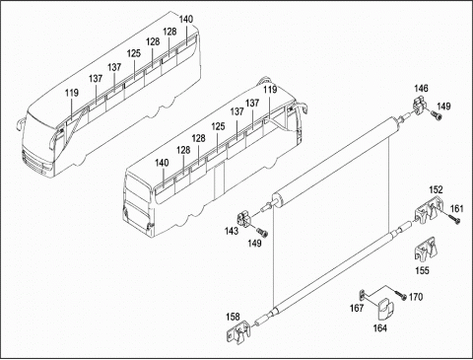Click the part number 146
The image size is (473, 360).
pyautogui.click(x=421, y=89)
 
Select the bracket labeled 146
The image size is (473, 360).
pyautogui.click(x=419, y=106)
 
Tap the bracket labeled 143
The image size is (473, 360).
pyautogui.click(x=244, y=219)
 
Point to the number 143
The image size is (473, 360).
pyautogui.click(x=232, y=231)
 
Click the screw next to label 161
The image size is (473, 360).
pyautogui.click(x=454, y=219)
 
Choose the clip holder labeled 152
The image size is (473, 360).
pyautogui.click(x=428, y=209)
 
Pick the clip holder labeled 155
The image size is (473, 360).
pyautogui.click(x=425, y=250)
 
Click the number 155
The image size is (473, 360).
pyautogui.click(x=422, y=270)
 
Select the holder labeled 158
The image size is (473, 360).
pyautogui.click(x=239, y=332)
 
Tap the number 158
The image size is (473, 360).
pyautogui.click(x=233, y=317)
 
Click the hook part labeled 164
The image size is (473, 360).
pyautogui.click(x=385, y=309)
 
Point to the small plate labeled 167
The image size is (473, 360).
pyautogui.click(x=362, y=295)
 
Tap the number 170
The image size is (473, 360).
pyautogui.click(x=416, y=297)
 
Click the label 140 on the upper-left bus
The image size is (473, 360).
pyautogui.click(x=186, y=20)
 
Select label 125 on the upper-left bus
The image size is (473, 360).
pyautogui.click(x=134, y=53)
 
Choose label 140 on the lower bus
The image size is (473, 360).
pyautogui.click(x=162, y=163)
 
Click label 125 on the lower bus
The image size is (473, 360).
pyautogui.click(x=219, y=126)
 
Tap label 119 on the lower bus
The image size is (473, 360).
pyautogui.click(x=270, y=90)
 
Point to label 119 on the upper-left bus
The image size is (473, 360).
pyautogui.click(x=72, y=93)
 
